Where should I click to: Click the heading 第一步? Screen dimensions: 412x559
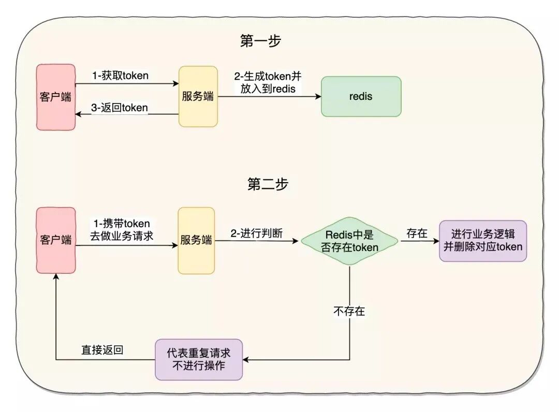point(260,41)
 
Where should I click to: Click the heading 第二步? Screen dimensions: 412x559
point(268,184)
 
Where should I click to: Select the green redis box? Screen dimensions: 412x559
point(361,96)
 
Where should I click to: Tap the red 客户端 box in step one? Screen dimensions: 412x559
point(56,97)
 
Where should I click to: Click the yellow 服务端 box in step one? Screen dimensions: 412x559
point(198,96)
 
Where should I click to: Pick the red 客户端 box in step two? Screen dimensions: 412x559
point(56,240)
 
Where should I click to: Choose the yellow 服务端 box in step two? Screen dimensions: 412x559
point(196,241)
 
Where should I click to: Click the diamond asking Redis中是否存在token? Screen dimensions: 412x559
point(349,241)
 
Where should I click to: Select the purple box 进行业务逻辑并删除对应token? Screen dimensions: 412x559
point(482,241)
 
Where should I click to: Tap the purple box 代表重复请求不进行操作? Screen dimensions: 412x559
point(199,360)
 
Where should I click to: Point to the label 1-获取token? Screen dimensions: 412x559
point(121,76)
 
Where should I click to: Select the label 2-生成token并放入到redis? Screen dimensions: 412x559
point(268,82)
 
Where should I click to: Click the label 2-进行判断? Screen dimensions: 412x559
point(257,233)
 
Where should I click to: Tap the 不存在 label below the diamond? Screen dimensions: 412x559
point(349,311)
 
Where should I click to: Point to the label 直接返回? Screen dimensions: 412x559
point(102,350)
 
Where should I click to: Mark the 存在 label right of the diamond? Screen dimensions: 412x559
point(417,233)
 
